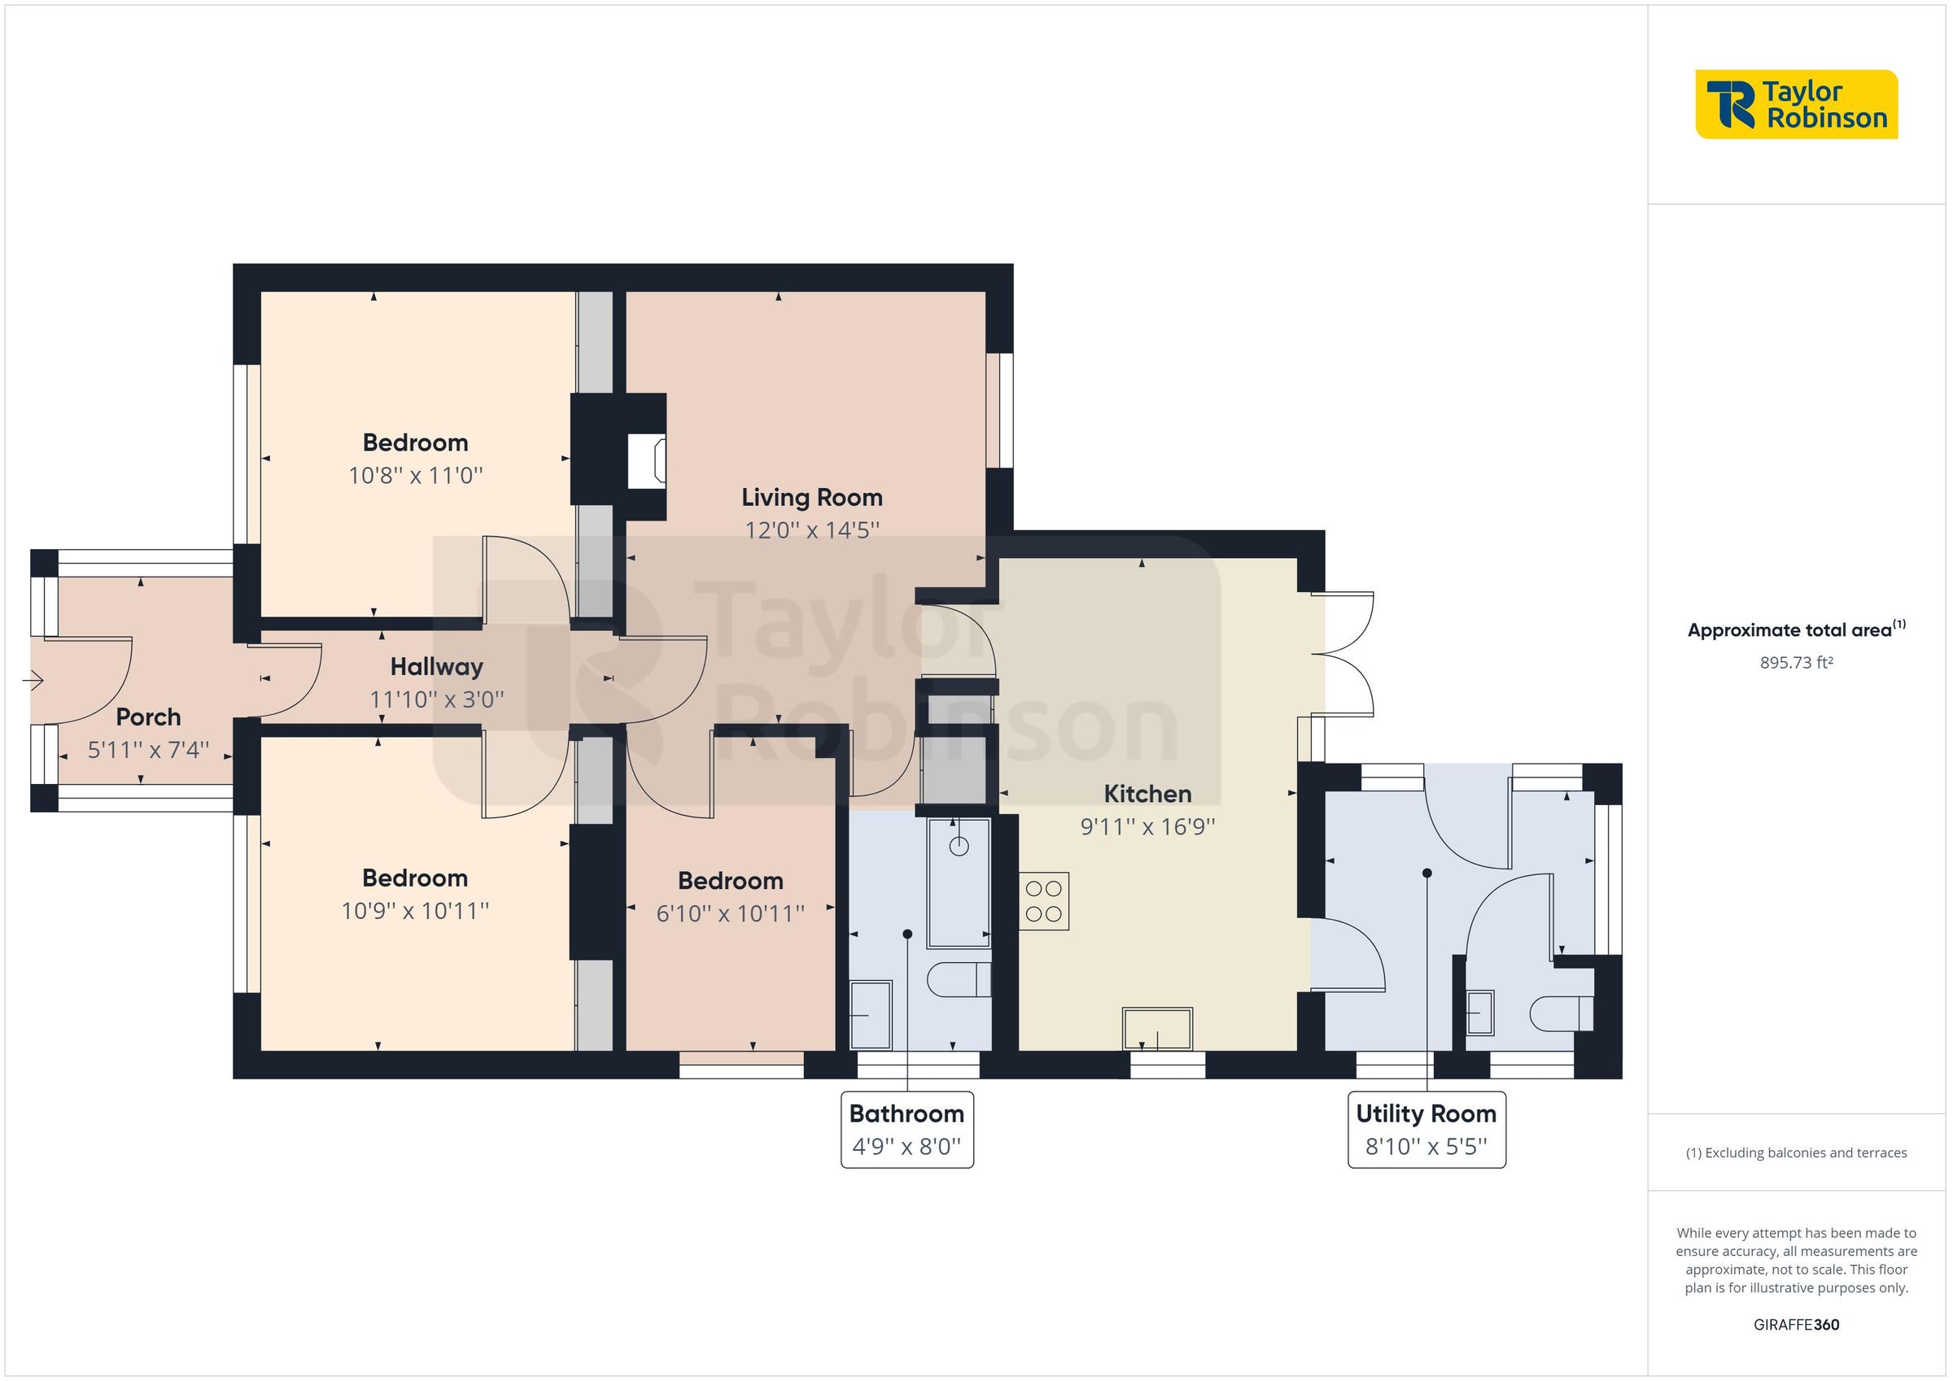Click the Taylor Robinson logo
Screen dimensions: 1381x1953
(1796, 105)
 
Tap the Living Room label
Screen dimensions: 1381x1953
(811, 498)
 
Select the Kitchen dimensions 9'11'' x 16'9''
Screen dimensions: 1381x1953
(1147, 826)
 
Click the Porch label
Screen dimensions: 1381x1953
(148, 717)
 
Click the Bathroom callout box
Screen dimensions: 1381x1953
(907, 1130)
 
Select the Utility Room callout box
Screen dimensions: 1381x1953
(1427, 1130)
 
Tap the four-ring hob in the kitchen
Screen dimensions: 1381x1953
(1044, 901)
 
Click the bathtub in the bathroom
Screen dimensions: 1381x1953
(959, 882)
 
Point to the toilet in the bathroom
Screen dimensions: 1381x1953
(958, 979)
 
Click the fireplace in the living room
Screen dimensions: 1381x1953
(646, 462)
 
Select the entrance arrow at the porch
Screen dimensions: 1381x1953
(33, 680)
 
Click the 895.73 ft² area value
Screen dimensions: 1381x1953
(1796, 662)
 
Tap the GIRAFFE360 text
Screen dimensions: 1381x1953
(1796, 1325)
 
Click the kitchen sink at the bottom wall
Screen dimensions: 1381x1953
(1157, 1029)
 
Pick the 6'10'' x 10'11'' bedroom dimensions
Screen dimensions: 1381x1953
(730, 914)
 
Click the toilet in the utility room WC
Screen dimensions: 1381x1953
(1561, 1013)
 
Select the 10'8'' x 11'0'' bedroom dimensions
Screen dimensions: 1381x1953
(415, 475)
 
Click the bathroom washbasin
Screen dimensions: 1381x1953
(870, 1015)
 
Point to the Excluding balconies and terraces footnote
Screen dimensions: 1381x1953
(1796, 1153)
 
